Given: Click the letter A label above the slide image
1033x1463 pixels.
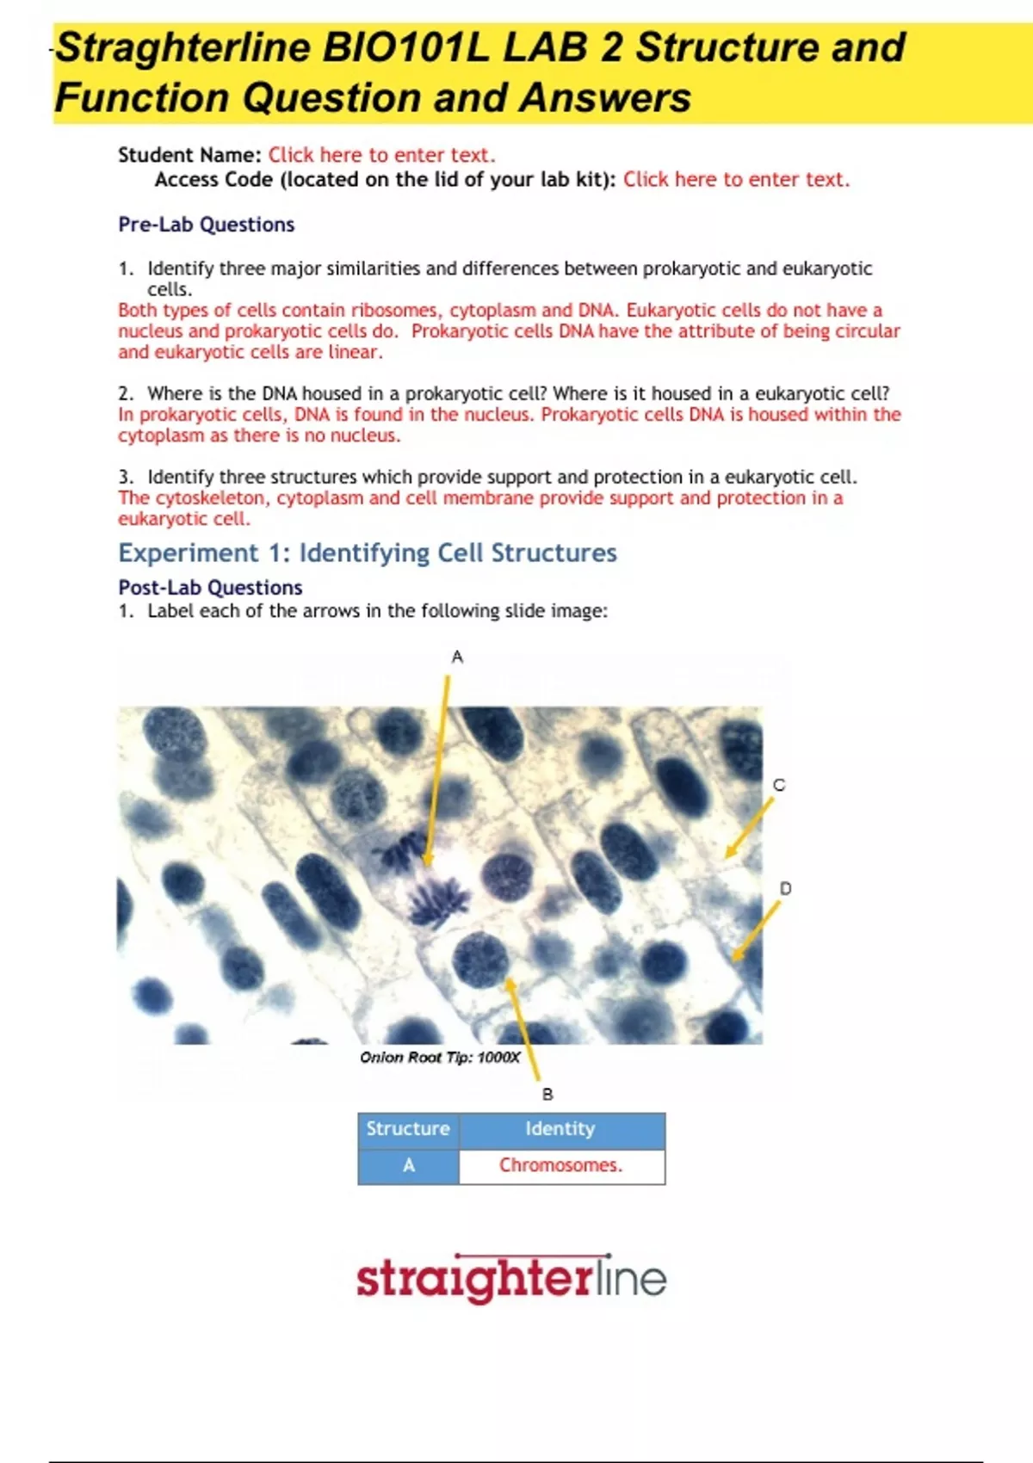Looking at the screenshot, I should pos(457,657).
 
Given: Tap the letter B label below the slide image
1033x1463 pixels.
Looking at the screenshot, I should pos(547,1094).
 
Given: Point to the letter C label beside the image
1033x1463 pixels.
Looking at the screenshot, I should pos(779,785).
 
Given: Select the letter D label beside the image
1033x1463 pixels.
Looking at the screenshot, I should pos(785,888).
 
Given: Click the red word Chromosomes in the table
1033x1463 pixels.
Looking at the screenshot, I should pos(560,1165).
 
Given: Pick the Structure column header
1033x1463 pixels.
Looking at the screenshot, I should pos(408,1128).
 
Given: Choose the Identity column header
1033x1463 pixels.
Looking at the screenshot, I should pos(560,1128).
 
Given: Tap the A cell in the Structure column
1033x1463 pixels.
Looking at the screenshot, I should pos(408,1165).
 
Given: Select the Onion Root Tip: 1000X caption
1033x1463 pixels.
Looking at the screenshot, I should pos(440,1057).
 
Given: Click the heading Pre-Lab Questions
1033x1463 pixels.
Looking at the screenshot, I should pos(207,225).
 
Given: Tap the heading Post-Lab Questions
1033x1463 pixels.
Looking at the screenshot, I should pos(210,588).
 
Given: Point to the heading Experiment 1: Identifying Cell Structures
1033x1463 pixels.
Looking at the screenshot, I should pos(368,552).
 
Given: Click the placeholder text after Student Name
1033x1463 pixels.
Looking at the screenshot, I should pos(381,155).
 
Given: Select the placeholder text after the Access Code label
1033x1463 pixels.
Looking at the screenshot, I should pos(736,179).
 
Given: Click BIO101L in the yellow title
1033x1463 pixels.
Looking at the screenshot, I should pos(405,47).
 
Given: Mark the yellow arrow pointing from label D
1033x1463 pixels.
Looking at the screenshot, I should pos(755,931).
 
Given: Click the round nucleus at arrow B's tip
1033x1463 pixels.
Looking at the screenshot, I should pos(479,959).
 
